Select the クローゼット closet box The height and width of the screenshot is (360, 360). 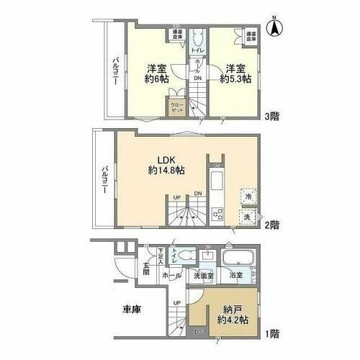tap(177, 108)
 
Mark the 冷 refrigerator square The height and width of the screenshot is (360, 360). tap(247, 196)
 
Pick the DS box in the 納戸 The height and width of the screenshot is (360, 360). tap(199, 332)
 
